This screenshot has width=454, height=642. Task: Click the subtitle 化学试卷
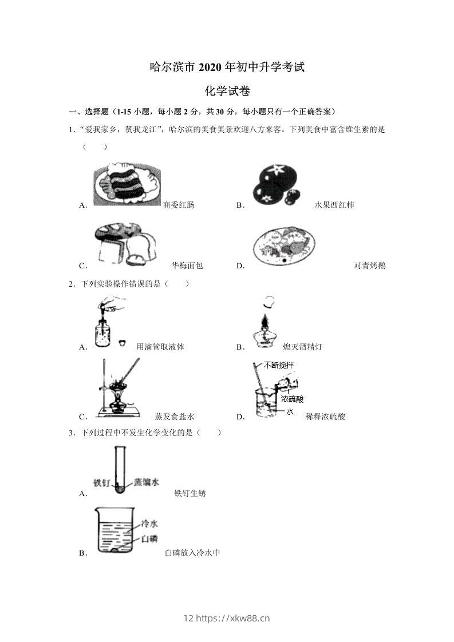(227, 90)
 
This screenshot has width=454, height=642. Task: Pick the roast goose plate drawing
(283, 247)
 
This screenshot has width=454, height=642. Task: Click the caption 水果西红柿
(334, 205)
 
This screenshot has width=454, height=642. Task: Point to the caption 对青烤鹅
(370, 265)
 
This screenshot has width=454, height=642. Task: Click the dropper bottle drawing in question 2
(106, 324)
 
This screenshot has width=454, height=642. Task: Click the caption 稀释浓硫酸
(325, 417)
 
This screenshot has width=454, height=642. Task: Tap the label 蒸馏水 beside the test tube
(146, 482)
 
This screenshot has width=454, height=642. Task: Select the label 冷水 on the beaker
(149, 524)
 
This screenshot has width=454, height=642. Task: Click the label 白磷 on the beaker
(149, 538)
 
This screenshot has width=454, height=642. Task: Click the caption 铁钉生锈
(190, 493)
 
